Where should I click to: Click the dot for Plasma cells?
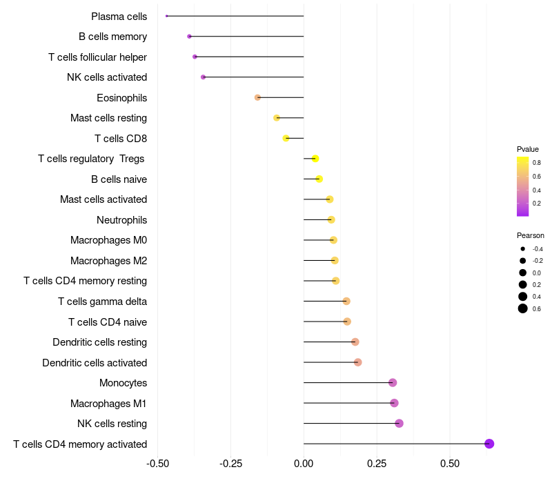pos(167,16)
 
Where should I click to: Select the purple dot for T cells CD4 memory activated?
pos(489,444)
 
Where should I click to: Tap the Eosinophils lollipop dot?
pos(257,97)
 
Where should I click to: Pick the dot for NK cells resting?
pos(399,423)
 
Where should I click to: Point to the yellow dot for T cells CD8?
pos(286,138)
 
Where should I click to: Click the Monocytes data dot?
pos(393,383)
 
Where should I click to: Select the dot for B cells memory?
pos(189,36)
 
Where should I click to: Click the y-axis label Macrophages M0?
pos(108,240)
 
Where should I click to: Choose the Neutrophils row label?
pos(121,220)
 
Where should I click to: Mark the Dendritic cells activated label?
pos(95,362)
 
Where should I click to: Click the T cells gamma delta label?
pos(102,302)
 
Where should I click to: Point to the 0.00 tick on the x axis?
pos(304,462)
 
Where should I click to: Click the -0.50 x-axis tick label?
pos(158,462)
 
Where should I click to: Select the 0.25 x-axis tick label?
pos(377,462)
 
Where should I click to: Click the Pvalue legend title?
pos(528,149)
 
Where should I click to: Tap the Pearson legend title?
pos(530,235)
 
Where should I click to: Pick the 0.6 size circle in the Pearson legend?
pos(523,308)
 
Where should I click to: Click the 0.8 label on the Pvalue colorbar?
pos(536,163)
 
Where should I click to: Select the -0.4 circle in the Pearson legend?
pos(523,249)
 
